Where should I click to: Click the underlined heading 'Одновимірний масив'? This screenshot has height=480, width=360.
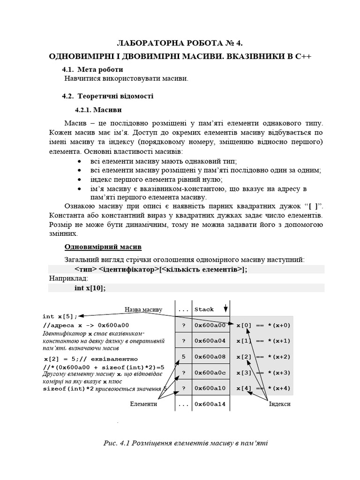pos(103,247)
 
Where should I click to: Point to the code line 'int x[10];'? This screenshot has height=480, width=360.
pos(90,288)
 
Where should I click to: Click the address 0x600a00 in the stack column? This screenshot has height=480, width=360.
pos(210,325)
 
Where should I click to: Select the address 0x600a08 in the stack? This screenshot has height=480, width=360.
pos(210,357)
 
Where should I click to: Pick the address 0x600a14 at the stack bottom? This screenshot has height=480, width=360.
pos(210,404)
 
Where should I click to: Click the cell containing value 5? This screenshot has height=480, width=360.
pos(183,357)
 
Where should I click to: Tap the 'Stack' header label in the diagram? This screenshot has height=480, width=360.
pos(204,309)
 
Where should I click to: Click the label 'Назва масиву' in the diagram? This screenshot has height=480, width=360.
pos(143,309)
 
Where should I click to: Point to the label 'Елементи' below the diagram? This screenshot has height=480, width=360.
pos(143,404)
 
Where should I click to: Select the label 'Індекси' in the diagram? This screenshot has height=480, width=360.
pos(280,404)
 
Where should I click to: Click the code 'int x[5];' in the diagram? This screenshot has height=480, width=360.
pos(60,316)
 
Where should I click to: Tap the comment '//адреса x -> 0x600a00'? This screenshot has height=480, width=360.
pos(86,325)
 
